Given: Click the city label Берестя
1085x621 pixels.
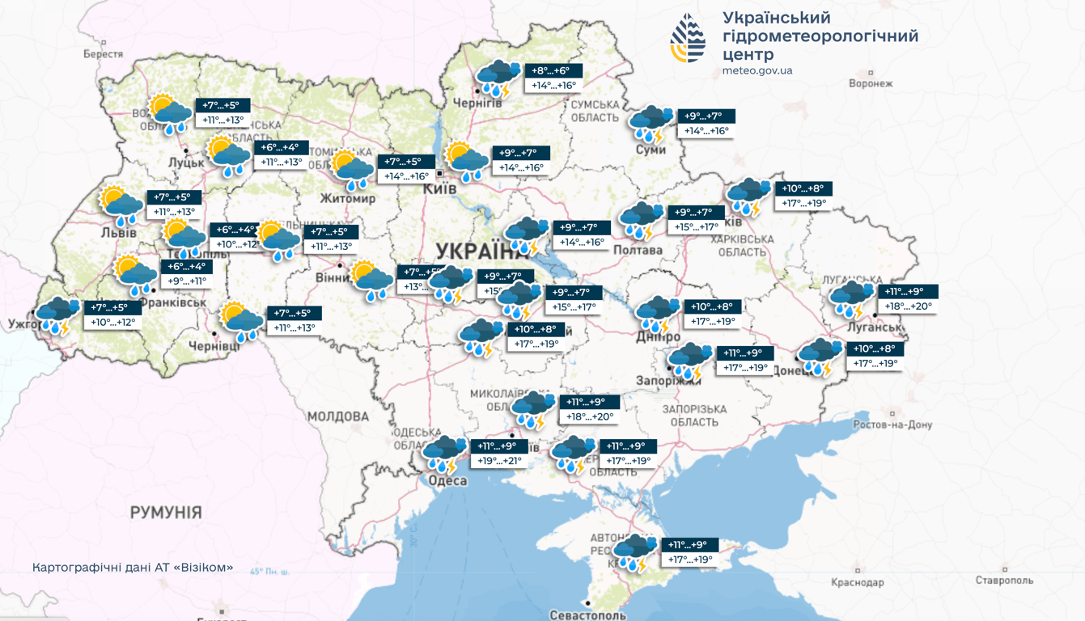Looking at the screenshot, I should [103, 54].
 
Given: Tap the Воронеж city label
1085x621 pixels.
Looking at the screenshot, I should [871, 83].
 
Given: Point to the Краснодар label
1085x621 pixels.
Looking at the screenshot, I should [857, 582].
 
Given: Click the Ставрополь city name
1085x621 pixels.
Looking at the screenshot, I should [1003, 580].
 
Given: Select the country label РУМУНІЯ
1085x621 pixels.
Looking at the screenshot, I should [166, 512].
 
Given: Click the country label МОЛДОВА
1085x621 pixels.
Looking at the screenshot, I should [337, 416].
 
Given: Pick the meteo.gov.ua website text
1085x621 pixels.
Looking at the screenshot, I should [757, 71].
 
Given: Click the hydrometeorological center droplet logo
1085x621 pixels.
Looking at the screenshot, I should [688, 39].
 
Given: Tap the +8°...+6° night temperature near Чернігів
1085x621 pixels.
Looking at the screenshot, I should [553, 71].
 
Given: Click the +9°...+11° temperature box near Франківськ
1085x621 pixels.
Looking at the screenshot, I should [187, 281].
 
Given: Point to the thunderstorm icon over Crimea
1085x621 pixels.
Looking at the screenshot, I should [636, 553].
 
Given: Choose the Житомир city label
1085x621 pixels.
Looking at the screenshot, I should [348, 198].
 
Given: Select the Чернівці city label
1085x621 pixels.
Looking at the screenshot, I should [214, 346].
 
